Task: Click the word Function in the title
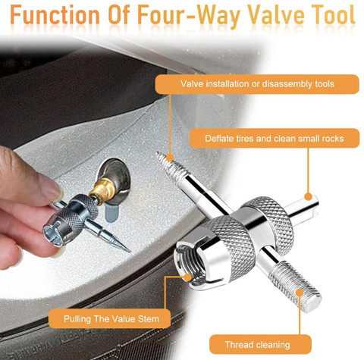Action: pos(55,14)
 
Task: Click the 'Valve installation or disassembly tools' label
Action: pos(257,84)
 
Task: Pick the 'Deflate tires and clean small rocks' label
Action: pos(275,138)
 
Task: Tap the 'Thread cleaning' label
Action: pos(260,344)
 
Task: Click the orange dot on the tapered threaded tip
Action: pos(170,158)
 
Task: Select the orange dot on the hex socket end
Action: pos(187,277)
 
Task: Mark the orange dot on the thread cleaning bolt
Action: pos(300,293)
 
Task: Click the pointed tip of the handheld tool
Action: pos(130,252)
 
